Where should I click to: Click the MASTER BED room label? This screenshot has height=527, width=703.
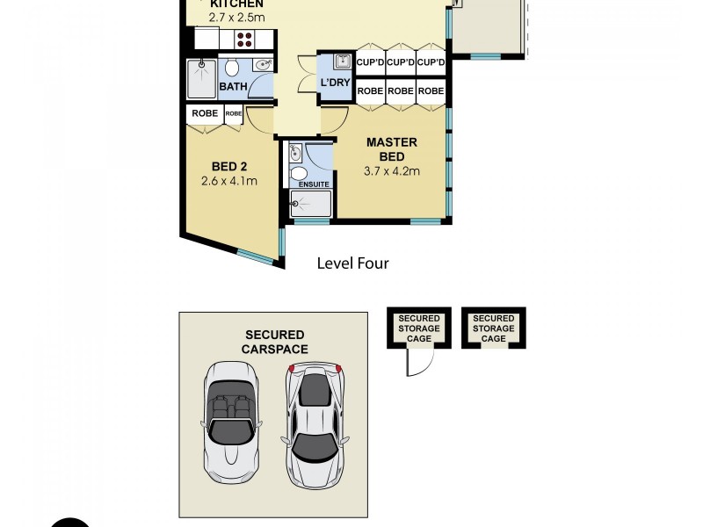(391, 148)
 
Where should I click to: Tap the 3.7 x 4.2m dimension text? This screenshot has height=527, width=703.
(391, 170)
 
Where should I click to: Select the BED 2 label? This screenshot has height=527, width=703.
(228, 167)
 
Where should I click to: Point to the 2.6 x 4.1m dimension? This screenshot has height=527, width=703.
(228, 182)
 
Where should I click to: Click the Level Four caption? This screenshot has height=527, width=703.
(353, 263)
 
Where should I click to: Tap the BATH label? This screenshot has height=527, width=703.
(232, 86)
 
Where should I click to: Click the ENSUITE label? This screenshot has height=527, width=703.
(314, 184)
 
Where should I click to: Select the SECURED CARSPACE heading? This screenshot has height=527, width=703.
(274, 342)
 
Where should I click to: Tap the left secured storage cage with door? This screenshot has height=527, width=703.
(419, 328)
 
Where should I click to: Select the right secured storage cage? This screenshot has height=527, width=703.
(493, 328)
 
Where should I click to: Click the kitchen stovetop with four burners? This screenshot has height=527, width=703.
(243, 39)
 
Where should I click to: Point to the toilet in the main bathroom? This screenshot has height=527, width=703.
(233, 67)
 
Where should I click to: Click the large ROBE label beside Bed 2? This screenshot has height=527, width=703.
(204, 113)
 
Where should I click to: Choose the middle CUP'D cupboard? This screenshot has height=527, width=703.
(400, 62)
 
